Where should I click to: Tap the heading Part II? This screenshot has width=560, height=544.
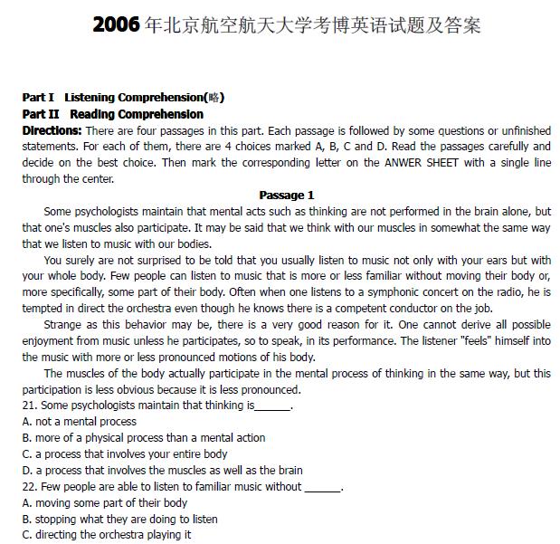[41, 114]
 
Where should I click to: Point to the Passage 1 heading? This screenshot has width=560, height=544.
[286, 195]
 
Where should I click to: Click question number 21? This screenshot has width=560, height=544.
[30, 406]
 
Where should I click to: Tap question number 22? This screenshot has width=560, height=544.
[30, 487]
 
